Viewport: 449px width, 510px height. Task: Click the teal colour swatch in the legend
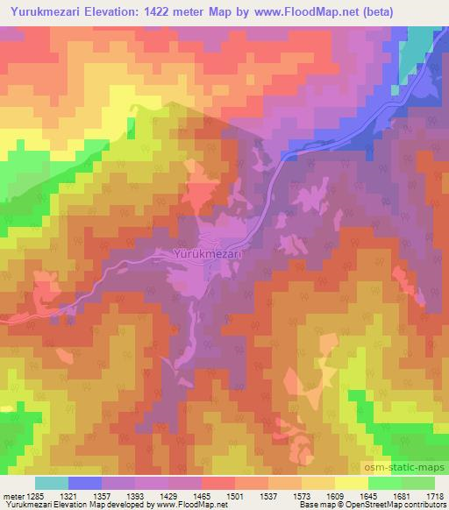pos(52,482)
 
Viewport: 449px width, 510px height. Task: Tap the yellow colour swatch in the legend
pos(352,482)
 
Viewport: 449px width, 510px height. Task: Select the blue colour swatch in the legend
pos(85,482)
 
